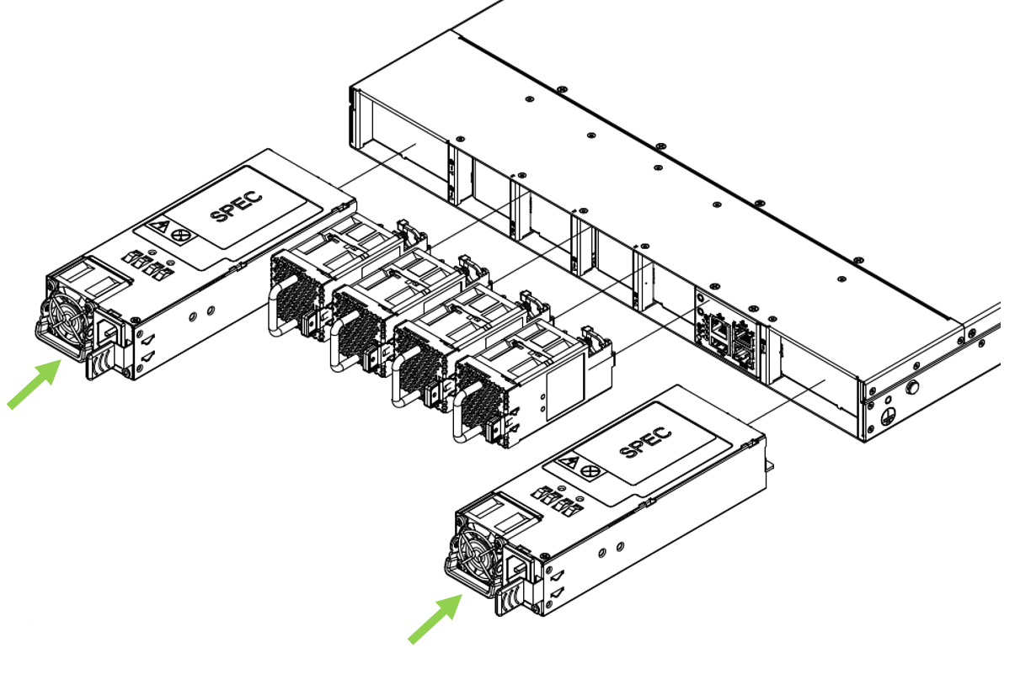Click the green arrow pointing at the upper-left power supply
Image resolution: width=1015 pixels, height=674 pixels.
pyautogui.click(x=34, y=384)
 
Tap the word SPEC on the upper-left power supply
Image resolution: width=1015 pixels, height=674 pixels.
pyautogui.click(x=236, y=207)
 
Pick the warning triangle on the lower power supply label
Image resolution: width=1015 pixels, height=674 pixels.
pyautogui.click(x=570, y=464)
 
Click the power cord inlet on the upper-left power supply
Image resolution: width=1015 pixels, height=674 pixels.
pyautogui.click(x=110, y=330)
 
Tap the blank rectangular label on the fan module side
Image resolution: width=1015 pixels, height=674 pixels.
pyautogui.click(x=560, y=393)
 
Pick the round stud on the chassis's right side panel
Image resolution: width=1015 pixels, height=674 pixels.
pyautogui.click(x=911, y=390)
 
